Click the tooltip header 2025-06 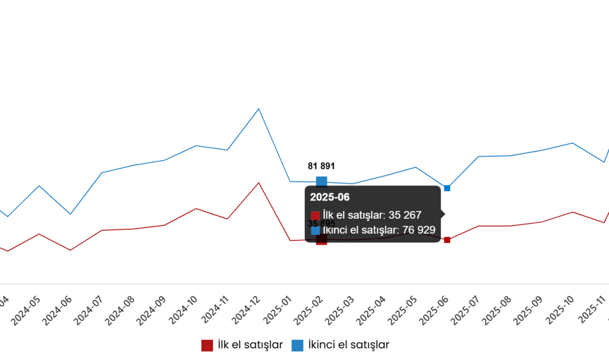(330, 197)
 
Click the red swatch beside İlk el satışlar (316, 216)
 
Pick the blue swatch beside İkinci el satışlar (316, 230)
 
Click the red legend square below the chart (207, 346)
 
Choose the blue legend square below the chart (297, 346)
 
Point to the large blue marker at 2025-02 (322, 181)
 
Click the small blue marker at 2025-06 (447, 188)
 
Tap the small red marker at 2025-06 (447, 240)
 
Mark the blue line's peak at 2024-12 (259, 109)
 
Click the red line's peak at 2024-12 (259, 183)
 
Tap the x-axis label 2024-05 (27, 310)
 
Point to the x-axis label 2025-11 (592, 310)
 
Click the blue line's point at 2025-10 (572, 143)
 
